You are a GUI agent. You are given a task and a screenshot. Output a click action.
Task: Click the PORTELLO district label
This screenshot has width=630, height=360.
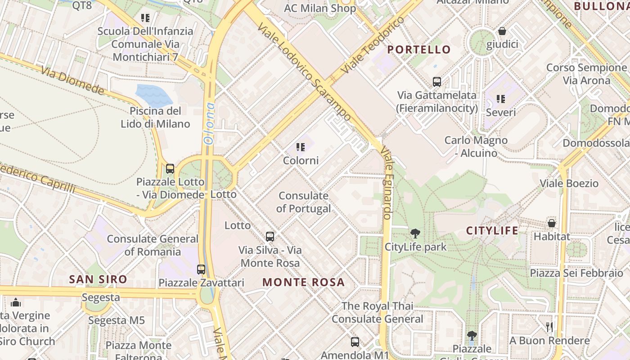tap(419, 49)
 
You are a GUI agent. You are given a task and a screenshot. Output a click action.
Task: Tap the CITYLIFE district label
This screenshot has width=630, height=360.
tap(492, 231)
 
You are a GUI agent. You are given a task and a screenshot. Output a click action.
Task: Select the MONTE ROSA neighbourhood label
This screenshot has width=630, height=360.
tap(303, 283)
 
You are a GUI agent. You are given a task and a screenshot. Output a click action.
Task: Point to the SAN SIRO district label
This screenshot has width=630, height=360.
tap(98, 279)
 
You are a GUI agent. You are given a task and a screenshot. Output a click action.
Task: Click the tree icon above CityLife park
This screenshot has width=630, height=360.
tap(415, 234)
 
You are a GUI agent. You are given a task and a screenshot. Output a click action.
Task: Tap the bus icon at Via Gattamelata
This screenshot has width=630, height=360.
tap(436, 82)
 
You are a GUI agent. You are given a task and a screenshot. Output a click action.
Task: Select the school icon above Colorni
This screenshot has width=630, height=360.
tap(301, 147)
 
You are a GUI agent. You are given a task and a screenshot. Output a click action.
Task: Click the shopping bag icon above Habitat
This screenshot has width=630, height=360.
tap(551, 223)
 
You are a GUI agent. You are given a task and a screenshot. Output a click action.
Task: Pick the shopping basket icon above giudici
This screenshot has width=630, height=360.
tap(502, 31)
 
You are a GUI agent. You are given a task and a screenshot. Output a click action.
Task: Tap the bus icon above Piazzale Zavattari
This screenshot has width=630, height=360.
tap(201, 270)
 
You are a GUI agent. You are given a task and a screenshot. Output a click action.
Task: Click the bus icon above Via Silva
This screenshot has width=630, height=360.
tap(270, 236)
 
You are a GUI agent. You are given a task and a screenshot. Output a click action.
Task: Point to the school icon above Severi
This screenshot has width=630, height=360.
tap(500, 99)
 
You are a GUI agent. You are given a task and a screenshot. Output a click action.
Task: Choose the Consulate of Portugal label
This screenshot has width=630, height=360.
tap(303, 202)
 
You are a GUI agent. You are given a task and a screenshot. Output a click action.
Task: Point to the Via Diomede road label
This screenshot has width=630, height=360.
tap(72, 81)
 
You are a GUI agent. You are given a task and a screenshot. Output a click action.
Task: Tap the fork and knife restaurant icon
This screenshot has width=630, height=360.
tap(549, 327)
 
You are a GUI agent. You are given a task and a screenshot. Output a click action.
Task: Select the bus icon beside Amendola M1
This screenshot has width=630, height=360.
tap(355, 342)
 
